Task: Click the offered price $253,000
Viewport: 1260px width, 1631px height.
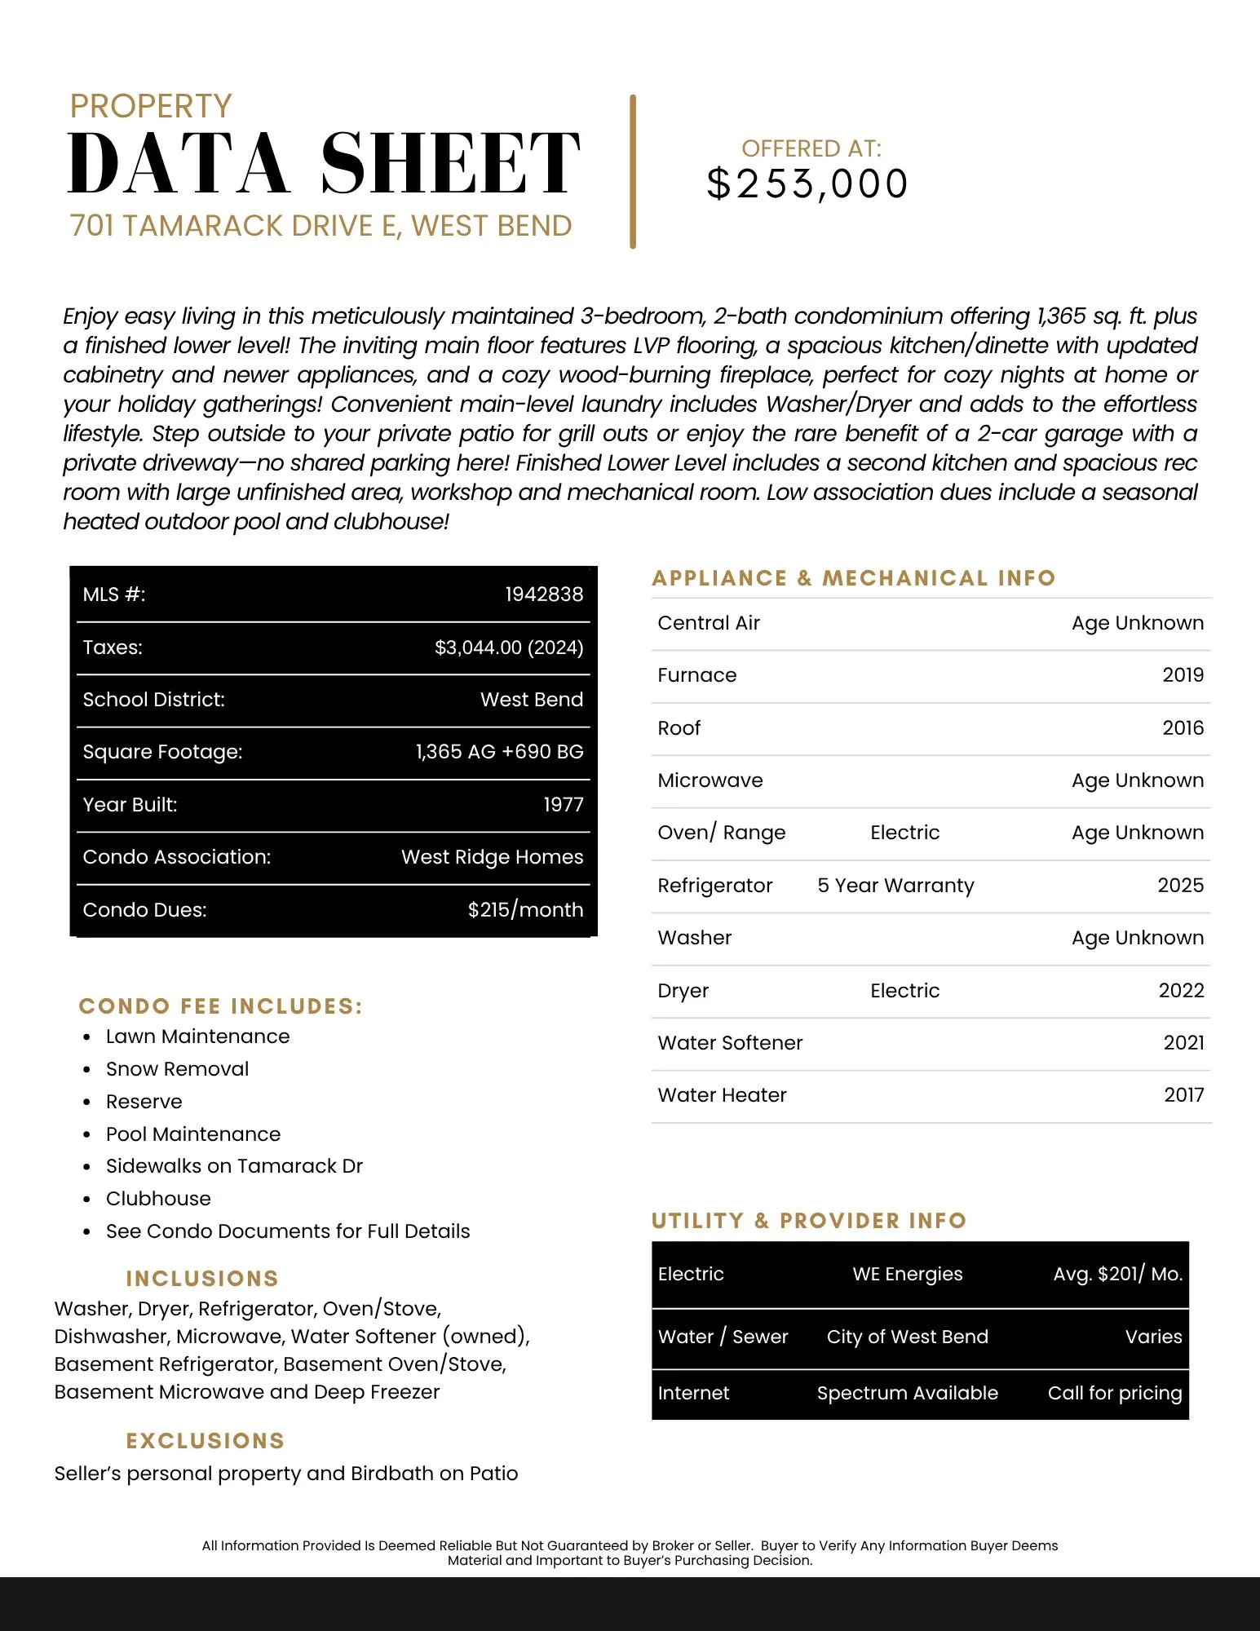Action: (x=807, y=184)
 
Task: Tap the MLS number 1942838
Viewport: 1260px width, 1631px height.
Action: (x=544, y=594)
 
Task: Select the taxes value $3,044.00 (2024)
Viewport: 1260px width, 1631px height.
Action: (x=509, y=648)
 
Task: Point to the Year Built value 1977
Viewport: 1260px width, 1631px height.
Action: (x=564, y=805)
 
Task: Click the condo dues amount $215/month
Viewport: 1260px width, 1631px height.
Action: (x=525, y=910)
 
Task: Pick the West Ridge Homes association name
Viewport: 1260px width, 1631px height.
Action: (x=492, y=857)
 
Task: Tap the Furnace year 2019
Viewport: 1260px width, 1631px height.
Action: (x=1183, y=675)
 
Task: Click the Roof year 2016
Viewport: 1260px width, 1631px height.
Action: (x=1183, y=728)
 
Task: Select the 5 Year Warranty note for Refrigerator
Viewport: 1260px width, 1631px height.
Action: (x=895, y=886)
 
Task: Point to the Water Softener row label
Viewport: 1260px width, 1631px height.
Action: (x=730, y=1043)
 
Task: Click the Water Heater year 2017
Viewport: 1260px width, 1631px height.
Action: (x=1183, y=1095)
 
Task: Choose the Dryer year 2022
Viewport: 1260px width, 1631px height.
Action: (x=1181, y=991)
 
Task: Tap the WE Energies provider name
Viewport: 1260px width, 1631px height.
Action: (x=907, y=1275)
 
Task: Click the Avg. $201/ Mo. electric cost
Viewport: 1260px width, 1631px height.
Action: (x=1117, y=1275)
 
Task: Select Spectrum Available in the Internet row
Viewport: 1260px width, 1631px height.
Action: (x=907, y=1394)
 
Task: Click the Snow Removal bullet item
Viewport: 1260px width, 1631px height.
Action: (x=177, y=1069)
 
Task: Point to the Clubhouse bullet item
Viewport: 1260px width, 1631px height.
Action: (x=158, y=1199)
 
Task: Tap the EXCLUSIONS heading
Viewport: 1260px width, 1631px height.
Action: (x=205, y=1441)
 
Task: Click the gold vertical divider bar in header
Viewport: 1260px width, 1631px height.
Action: (x=633, y=171)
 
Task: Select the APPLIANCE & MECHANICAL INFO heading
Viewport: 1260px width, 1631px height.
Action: (x=853, y=578)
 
